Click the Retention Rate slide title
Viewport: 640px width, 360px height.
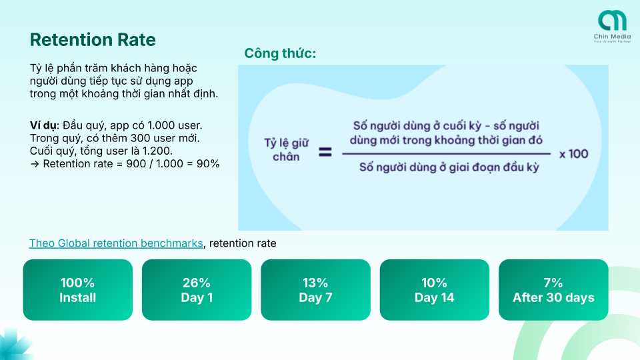(93, 39)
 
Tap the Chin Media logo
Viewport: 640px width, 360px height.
(612, 26)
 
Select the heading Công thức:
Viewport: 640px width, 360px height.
(280, 53)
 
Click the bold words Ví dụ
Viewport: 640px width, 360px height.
(45, 125)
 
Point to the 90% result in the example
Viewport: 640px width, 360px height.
(208, 164)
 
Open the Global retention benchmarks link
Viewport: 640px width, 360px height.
(116, 243)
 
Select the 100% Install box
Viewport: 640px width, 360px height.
(77, 290)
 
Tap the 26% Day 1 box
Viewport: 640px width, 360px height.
(197, 290)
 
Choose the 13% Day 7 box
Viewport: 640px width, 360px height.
(315, 290)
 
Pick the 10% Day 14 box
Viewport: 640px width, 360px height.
(434, 290)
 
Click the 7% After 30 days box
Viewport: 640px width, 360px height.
(553, 290)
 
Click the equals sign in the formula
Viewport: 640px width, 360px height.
(325, 153)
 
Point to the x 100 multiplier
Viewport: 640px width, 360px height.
(574, 154)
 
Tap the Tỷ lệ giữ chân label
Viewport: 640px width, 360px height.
(286, 150)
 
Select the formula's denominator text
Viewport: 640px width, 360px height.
(449, 167)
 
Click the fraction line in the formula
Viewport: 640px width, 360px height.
(447, 154)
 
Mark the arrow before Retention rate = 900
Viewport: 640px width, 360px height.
(35, 164)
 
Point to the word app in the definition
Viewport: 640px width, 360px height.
(183, 81)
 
